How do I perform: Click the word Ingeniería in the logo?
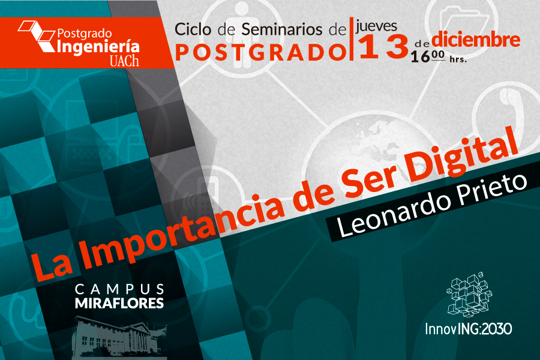98,47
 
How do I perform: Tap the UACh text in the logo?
124,61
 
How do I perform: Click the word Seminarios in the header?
282,29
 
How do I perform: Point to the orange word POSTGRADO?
261,52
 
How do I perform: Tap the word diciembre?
476,40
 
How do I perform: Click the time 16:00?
428,56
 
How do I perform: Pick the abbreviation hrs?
458,59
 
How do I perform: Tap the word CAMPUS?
119,289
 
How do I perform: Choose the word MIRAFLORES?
119,303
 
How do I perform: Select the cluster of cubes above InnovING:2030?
469,294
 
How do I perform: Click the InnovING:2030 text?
469,329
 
